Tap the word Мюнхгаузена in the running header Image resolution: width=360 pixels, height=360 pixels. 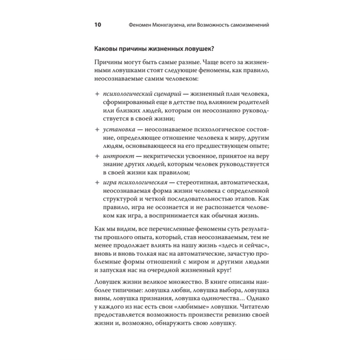(x=168, y=26)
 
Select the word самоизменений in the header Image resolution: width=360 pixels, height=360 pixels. (x=249, y=26)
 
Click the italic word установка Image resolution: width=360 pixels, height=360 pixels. (x=118, y=129)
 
